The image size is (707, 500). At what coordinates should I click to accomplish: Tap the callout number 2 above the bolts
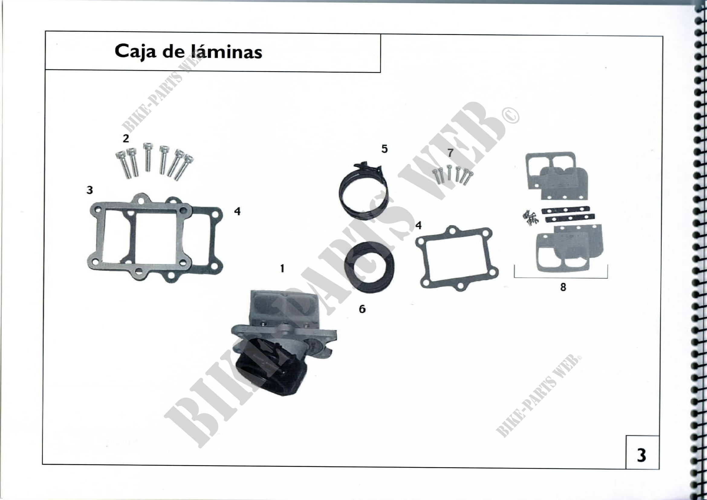[126, 139]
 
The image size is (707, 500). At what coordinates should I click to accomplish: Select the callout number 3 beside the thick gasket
[89, 190]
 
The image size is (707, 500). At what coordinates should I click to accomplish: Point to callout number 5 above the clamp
[384, 149]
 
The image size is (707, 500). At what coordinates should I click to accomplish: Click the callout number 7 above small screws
[450, 152]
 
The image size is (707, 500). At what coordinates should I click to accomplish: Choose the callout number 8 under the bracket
[563, 287]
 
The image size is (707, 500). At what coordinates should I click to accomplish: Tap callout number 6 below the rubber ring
[362, 309]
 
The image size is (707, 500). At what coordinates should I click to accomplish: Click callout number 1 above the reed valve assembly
[282, 269]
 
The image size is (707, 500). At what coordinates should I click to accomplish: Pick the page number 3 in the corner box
[641, 455]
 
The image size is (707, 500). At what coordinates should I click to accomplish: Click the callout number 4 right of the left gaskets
[237, 211]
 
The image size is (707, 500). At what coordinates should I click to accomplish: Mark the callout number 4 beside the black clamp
[418, 226]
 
